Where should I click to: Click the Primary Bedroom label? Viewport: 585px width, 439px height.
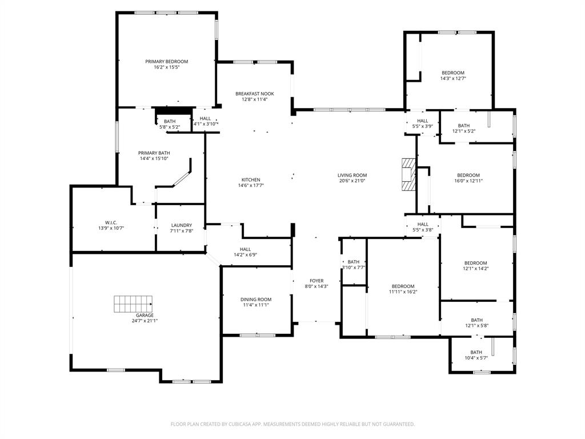166,62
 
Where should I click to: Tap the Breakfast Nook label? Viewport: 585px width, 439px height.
254,94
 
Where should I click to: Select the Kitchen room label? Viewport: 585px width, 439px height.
251,180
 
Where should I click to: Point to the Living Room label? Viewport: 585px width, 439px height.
352,175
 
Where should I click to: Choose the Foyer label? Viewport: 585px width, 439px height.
316,281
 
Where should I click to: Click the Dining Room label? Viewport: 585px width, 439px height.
255,300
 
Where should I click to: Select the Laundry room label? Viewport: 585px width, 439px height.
181,225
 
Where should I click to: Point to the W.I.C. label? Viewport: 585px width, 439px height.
111,222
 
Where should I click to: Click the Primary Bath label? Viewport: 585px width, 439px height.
155,153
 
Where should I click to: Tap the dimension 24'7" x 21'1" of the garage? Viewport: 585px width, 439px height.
145,321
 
